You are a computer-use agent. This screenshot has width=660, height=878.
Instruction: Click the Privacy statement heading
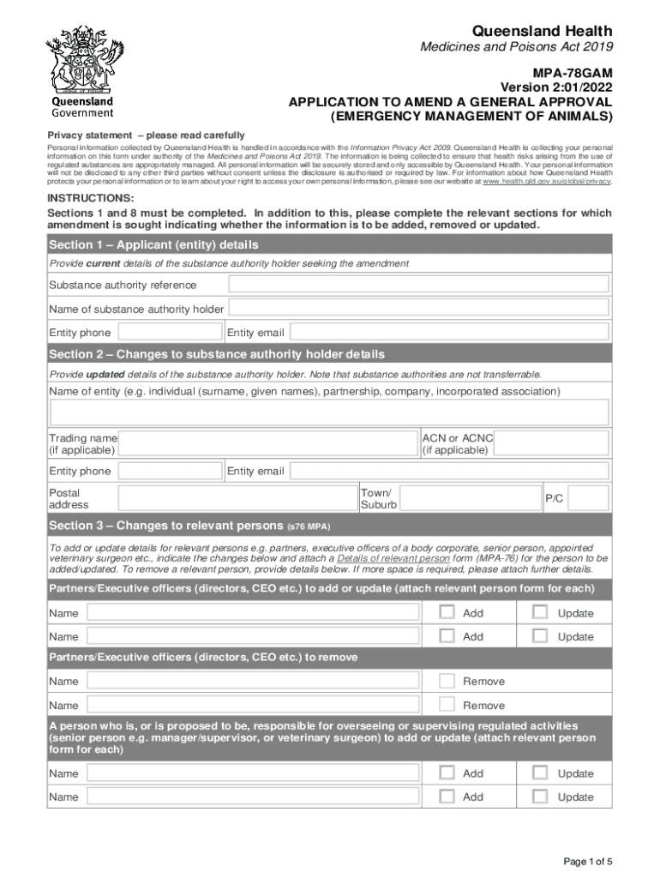(146, 135)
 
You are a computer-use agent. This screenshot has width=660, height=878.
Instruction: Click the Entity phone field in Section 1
(169, 333)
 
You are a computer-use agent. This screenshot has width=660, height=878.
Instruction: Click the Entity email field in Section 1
(448, 333)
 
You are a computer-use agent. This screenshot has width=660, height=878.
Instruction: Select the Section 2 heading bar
(329, 354)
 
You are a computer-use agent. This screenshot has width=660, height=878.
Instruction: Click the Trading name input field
(268, 443)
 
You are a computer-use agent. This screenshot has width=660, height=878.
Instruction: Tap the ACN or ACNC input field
(553, 443)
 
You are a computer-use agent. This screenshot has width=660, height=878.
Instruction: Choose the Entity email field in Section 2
(448, 471)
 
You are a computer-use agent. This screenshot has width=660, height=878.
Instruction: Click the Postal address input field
(237, 498)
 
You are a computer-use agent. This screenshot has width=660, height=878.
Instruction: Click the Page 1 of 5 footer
(587, 862)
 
